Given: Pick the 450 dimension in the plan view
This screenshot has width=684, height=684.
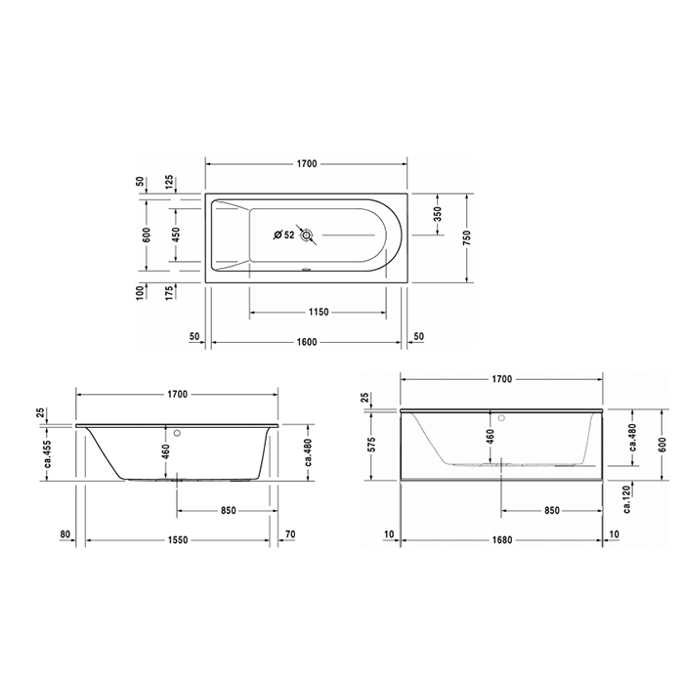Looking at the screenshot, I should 176,235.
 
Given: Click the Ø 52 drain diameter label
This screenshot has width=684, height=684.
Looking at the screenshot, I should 283,235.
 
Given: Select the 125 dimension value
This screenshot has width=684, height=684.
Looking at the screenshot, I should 169,183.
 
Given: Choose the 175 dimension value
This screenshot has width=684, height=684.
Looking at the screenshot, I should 169,291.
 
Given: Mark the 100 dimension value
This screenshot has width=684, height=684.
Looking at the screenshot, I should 141,291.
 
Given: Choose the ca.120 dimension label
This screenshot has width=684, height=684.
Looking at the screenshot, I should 632,501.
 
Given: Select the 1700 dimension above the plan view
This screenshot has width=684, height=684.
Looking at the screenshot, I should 307,163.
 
